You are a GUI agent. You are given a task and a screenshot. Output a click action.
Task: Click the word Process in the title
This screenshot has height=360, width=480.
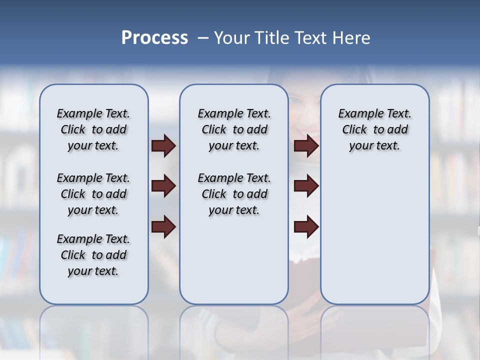tap(154, 38)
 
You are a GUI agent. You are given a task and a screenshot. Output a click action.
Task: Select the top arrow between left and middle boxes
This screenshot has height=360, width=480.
tap(163, 145)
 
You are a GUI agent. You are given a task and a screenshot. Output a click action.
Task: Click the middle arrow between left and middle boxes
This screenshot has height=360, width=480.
tap(163, 186)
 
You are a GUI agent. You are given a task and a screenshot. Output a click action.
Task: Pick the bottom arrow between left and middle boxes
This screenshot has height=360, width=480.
tap(163, 227)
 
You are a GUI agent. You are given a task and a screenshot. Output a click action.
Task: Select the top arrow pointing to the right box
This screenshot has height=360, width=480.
tap(306, 145)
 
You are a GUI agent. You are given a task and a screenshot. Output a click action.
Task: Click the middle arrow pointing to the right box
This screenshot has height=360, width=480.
tap(306, 186)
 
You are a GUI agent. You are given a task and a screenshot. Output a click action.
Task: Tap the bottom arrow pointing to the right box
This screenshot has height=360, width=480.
tap(306, 227)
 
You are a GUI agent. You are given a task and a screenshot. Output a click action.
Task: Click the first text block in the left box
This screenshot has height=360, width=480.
tap(93, 129)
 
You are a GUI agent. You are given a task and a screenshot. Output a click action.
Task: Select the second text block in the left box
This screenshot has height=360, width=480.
tap(93, 194)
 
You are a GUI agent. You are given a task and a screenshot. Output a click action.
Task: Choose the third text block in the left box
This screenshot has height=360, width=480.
tap(93, 255)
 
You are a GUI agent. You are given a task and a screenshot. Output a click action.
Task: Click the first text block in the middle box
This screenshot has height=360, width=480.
tap(234, 129)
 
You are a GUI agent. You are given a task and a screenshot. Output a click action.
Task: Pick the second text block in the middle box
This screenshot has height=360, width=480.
tap(234, 194)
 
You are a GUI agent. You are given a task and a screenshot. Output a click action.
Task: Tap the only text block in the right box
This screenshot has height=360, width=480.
tap(374, 129)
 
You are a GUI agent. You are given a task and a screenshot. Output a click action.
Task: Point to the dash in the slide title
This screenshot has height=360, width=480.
tap(203, 38)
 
